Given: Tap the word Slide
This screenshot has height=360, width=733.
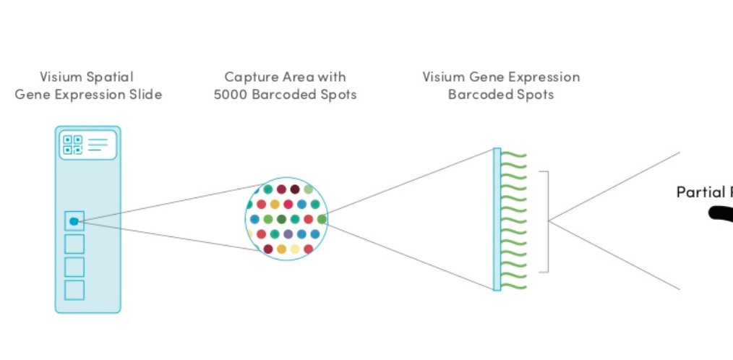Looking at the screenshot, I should coord(144,95).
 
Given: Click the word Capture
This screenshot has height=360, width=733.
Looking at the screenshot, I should coord(249,77).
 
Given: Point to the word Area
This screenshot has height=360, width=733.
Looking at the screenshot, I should coord(294,77).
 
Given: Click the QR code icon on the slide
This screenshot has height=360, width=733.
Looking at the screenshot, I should coord(72,145).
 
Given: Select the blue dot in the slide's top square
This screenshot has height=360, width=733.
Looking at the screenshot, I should coord(74,221).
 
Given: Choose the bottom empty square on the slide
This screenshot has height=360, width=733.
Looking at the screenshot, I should coord(74,290).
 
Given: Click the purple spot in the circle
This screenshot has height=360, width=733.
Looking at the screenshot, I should coord(288,234).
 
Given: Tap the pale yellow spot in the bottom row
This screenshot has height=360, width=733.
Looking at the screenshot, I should coord(295,249).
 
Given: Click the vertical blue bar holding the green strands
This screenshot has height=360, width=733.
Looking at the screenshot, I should coord(497,219).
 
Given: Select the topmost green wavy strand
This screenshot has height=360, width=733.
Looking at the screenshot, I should coord(515,154).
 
